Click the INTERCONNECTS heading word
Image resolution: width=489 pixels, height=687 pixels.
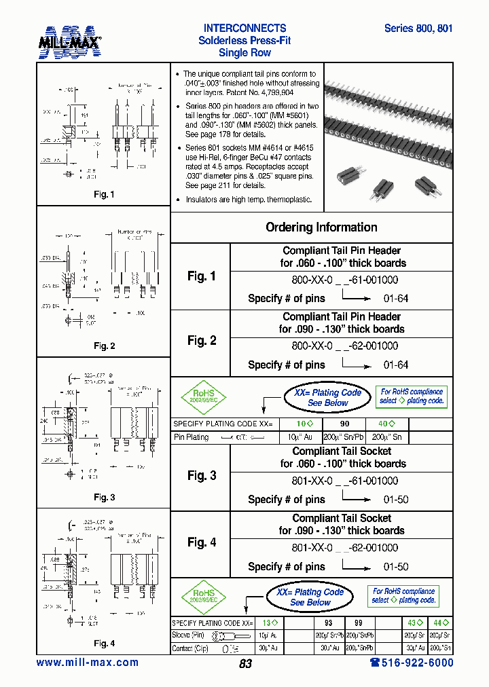(x=244, y=29)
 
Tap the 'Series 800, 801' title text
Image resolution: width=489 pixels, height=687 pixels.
(x=418, y=29)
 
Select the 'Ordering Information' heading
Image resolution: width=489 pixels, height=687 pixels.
(x=321, y=227)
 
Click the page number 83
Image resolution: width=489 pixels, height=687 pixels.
(x=245, y=664)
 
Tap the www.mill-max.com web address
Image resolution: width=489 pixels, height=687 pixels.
(x=87, y=663)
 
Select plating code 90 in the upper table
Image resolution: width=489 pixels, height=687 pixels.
(x=345, y=424)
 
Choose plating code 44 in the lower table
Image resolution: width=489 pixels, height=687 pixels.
(x=441, y=623)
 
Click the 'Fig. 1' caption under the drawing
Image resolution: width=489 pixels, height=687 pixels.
(x=104, y=195)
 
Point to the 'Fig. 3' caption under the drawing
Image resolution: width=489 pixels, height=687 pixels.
(x=104, y=498)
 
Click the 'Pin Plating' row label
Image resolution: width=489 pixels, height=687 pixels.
(x=192, y=437)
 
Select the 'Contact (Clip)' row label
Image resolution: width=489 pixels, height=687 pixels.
(x=192, y=649)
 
